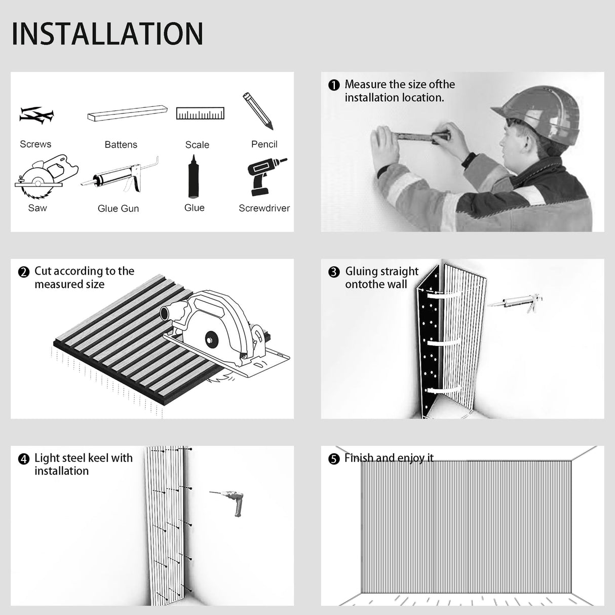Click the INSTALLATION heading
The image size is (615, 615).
coord(107,34)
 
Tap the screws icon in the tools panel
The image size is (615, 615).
coord(36,115)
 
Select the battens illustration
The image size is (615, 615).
coord(127,113)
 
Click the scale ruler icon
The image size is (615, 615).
coord(200,113)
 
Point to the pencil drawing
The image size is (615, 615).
coord(258,111)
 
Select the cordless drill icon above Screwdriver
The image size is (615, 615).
coord(265,176)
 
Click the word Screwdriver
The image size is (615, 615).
coord(264,208)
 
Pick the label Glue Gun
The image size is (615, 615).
coord(118,208)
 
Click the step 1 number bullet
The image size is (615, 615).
coord(334,85)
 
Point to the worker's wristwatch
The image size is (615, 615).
coord(469,160)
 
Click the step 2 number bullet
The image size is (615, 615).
coord(24,272)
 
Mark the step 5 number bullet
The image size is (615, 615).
coord(334,459)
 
